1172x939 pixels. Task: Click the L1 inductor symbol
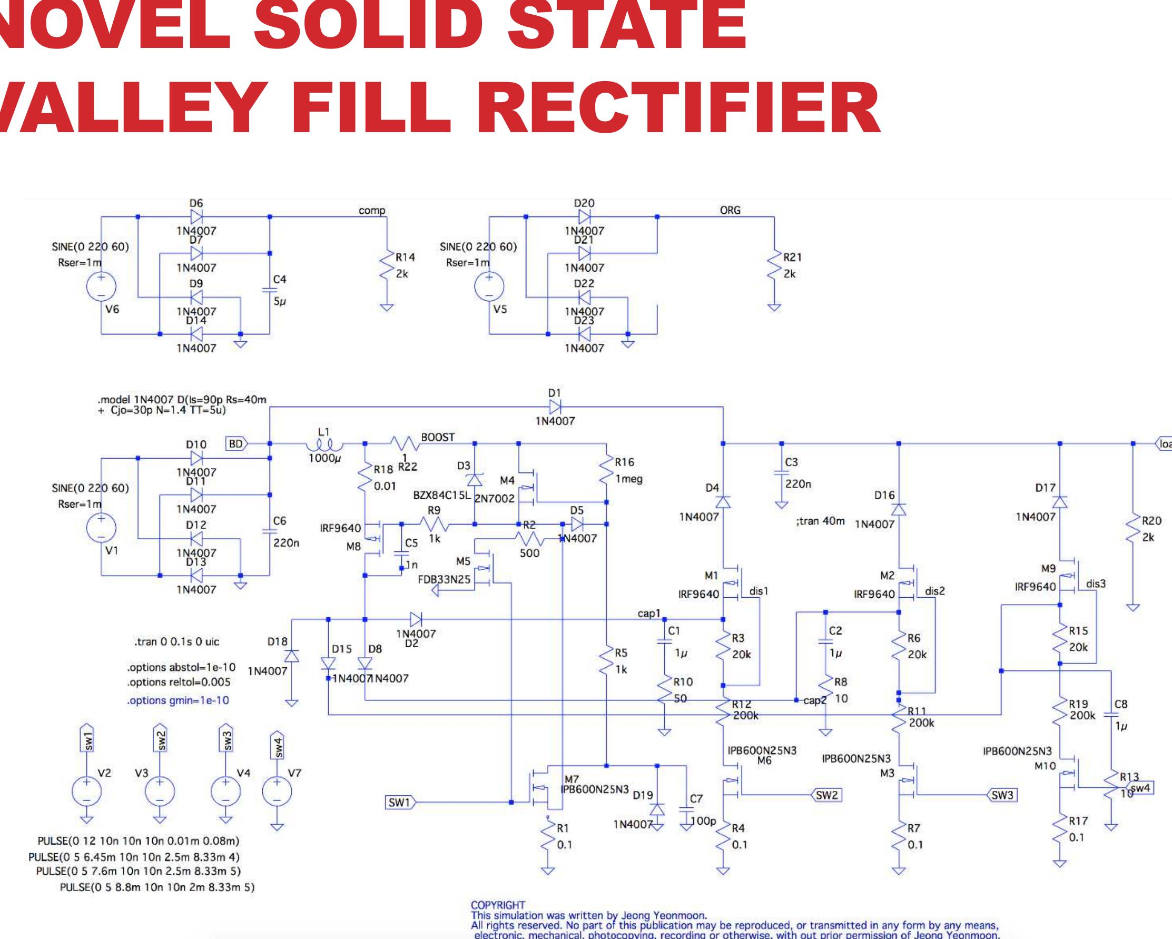[324, 445]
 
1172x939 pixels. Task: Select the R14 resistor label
[405, 258]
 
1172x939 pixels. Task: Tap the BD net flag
[236, 444]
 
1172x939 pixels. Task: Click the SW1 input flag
[400, 802]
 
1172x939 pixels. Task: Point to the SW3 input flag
[1002, 795]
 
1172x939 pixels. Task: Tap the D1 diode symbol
[555, 407]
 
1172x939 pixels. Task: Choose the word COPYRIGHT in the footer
[498, 905]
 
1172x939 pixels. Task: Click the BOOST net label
[438, 438]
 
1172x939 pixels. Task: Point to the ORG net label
[730, 210]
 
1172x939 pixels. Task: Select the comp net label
[372, 210]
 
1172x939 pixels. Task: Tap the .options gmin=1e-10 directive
[178, 700]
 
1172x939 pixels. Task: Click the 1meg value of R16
[629, 479]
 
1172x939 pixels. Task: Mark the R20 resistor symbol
[1134, 529]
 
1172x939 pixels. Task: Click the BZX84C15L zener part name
[442, 496]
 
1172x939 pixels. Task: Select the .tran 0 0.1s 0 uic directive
[176, 642]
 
